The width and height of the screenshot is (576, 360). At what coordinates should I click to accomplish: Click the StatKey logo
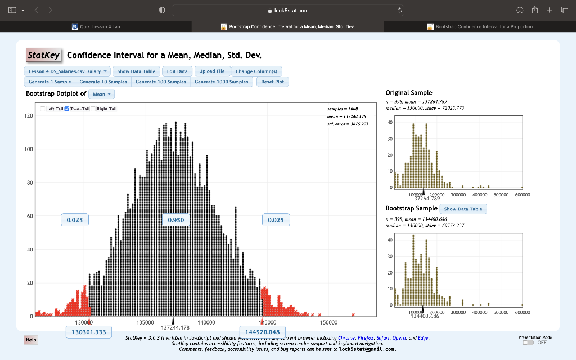point(44,55)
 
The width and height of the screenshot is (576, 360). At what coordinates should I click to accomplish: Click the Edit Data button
point(178,71)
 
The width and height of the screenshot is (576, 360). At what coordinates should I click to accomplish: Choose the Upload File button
point(212,71)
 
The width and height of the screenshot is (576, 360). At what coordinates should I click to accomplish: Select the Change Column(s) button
point(256,71)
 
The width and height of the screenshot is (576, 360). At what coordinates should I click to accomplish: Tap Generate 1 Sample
point(50,82)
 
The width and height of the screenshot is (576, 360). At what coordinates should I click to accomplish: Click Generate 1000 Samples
point(221,82)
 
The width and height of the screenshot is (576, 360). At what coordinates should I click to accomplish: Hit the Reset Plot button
point(273,82)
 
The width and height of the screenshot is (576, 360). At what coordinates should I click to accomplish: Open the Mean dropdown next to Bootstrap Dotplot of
point(102,94)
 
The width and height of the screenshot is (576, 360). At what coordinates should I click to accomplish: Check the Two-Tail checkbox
point(67,109)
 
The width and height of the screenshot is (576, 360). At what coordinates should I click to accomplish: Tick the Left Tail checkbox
point(42,109)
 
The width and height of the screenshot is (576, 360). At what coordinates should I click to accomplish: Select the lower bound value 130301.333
point(89,332)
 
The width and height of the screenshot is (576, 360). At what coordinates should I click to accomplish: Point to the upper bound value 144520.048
point(263,332)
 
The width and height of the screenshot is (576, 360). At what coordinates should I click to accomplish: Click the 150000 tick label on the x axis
point(329,323)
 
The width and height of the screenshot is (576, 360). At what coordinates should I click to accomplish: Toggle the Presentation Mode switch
point(528,342)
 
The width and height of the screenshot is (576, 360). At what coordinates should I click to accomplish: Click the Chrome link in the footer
point(346,338)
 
